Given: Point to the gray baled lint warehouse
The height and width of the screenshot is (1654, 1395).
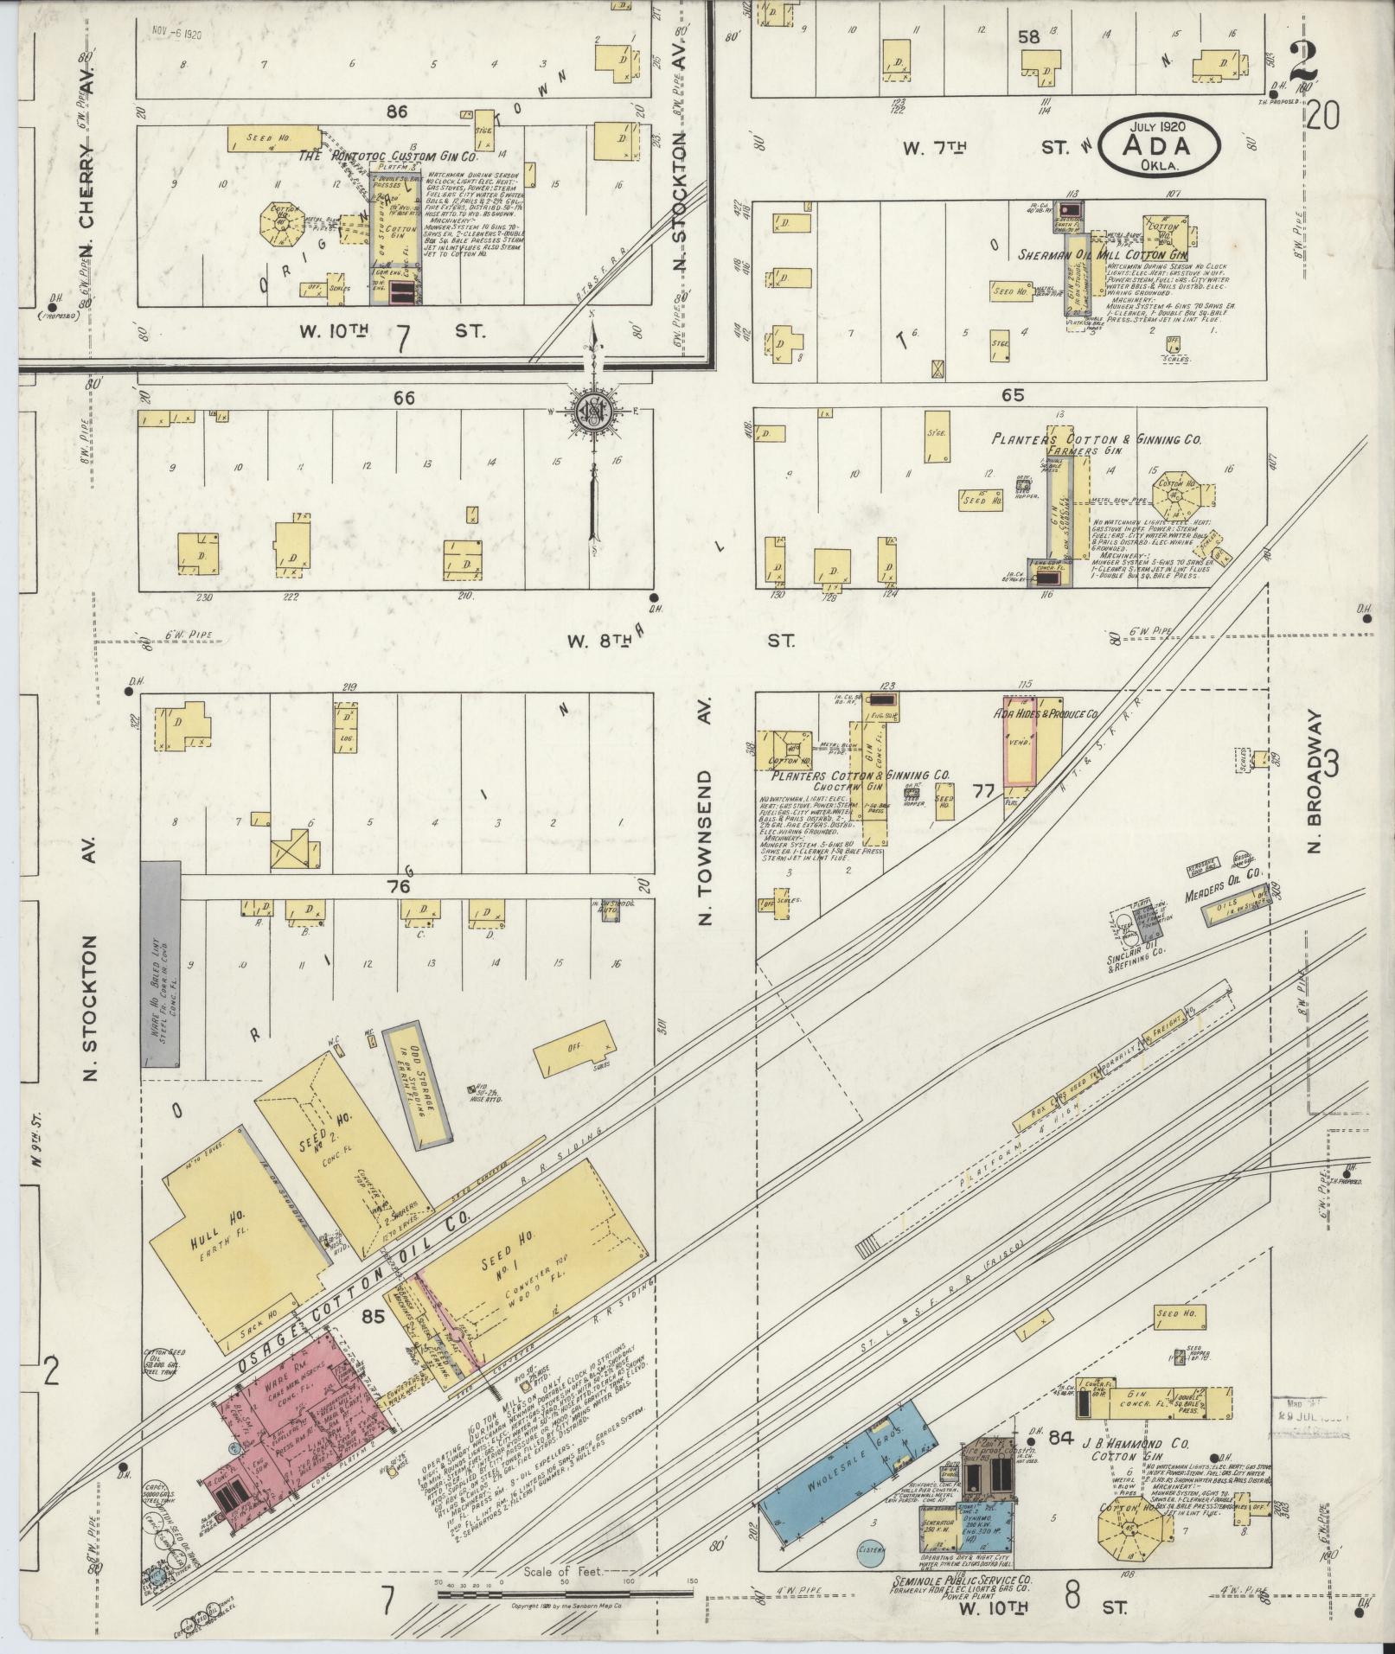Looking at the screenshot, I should coord(161,962).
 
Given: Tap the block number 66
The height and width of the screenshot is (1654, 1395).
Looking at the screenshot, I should coord(404,399).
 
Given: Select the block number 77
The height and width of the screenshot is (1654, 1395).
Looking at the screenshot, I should coord(982,789).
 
